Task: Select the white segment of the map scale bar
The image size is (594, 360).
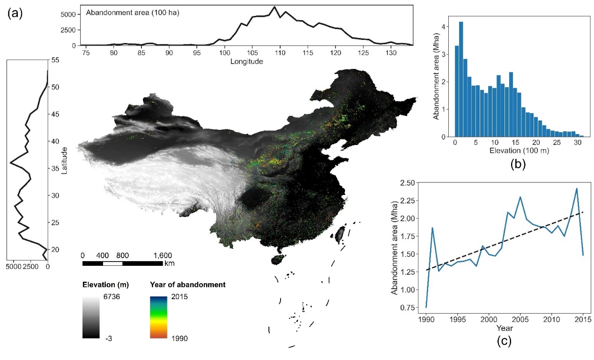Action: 112,263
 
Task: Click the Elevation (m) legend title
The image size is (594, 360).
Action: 105,285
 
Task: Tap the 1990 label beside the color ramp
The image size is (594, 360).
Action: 180,337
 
